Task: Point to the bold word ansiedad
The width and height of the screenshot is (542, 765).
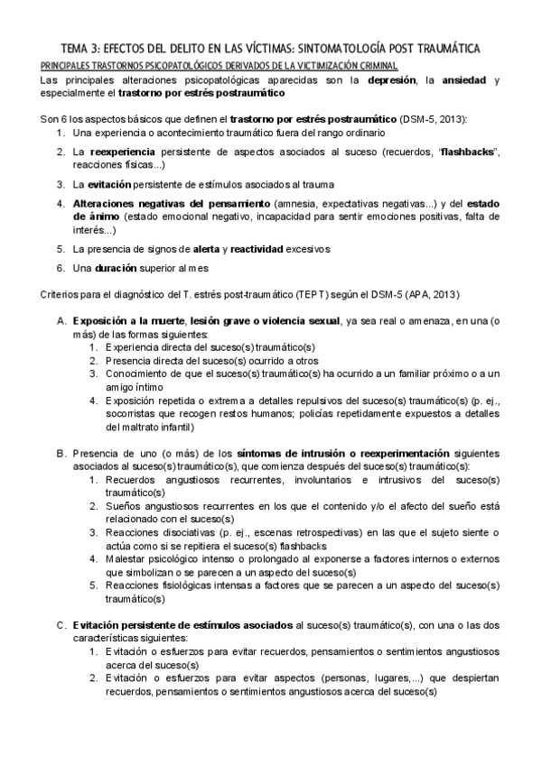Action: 457,80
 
